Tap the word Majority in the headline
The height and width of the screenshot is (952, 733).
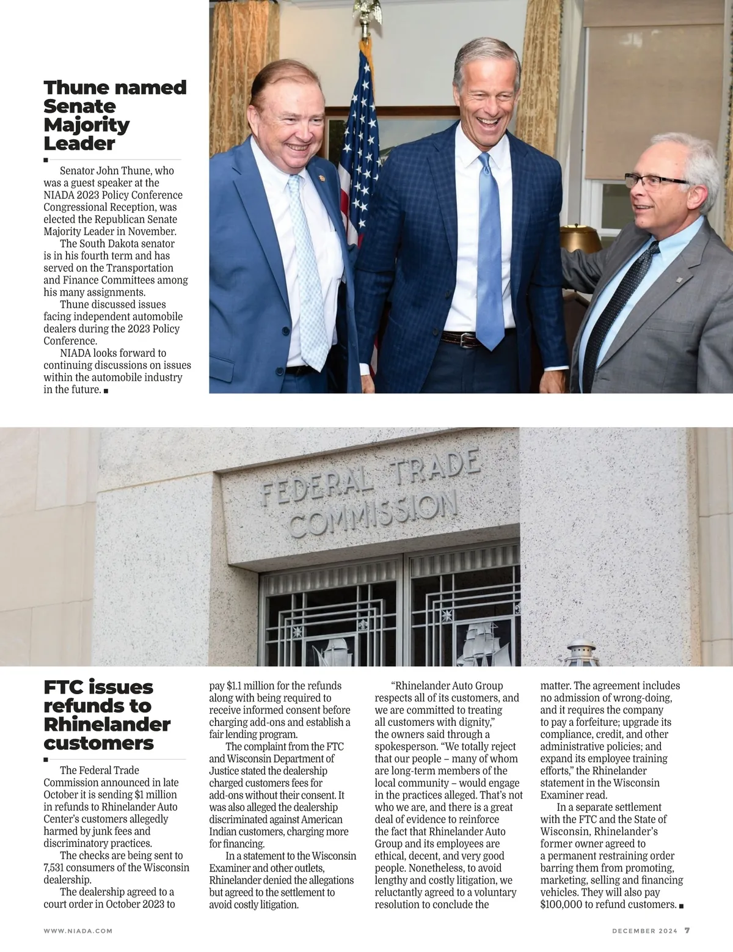tap(87, 125)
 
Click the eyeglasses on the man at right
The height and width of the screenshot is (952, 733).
tap(657, 181)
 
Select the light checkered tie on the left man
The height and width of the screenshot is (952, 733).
tap(307, 269)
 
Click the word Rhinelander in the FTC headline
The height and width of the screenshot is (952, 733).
tap(107, 725)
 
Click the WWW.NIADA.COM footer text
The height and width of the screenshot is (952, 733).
tap(78, 931)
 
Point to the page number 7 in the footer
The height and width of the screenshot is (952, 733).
tap(687, 931)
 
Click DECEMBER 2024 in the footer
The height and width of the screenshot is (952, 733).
tap(644, 931)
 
